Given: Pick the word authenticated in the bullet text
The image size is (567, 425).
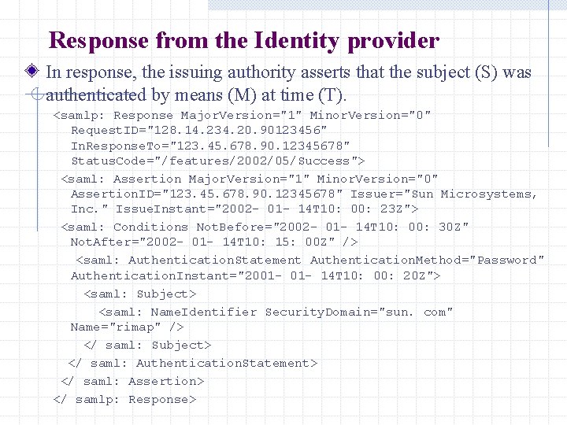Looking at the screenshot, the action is click(96, 95).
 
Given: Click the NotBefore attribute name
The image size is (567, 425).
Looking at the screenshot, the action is click(232, 227).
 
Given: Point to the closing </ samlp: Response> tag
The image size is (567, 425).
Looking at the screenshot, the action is click(124, 399).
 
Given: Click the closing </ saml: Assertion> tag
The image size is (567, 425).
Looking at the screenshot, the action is click(132, 381).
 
